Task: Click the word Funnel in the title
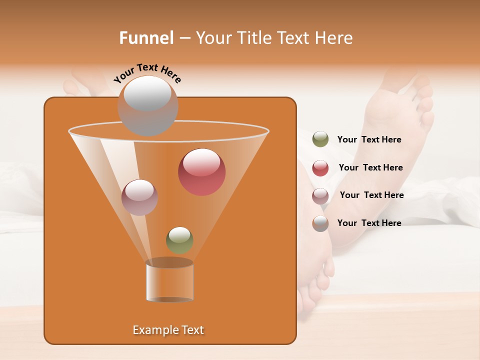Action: tap(146, 38)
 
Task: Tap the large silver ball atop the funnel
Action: tap(147, 106)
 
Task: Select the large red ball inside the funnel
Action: tap(201, 172)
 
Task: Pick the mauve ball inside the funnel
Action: tap(140, 197)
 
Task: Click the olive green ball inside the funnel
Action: tap(179, 240)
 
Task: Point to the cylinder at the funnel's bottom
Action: tap(169, 281)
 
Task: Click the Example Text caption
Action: tap(168, 330)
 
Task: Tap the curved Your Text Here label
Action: tap(147, 73)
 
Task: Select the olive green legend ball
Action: tap(320, 139)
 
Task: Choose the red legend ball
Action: tap(320, 168)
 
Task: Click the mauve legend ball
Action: tap(320, 195)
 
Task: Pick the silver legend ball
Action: tap(320, 223)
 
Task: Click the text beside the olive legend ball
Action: tap(369, 139)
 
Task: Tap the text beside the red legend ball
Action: tap(370, 167)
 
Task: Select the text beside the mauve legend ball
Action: tap(371, 195)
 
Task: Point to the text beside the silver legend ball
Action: tap(369, 223)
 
